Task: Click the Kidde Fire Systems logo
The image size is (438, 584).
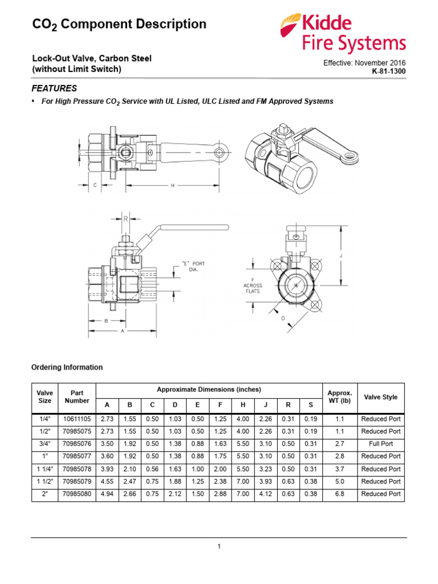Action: tap(343, 33)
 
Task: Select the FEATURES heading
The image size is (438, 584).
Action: tap(54, 89)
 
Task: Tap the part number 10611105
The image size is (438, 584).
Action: tap(77, 419)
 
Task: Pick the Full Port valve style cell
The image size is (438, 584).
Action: tap(380, 444)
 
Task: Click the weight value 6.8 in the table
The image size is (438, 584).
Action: tap(340, 494)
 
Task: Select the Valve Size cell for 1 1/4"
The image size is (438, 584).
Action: tap(44, 469)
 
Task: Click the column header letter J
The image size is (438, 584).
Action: tap(266, 405)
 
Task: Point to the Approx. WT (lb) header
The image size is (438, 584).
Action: tap(340, 398)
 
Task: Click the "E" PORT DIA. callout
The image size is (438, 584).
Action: tap(193, 266)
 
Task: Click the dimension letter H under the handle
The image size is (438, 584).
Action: tap(172, 185)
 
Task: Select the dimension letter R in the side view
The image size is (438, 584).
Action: tap(125, 218)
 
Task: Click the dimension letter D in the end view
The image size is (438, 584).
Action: tap(282, 319)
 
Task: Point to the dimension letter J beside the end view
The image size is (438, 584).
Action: tap(340, 256)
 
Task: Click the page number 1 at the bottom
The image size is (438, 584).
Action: tap(219, 546)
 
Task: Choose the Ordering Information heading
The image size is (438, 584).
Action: tap(67, 367)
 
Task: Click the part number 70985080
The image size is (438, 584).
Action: tap(77, 494)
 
